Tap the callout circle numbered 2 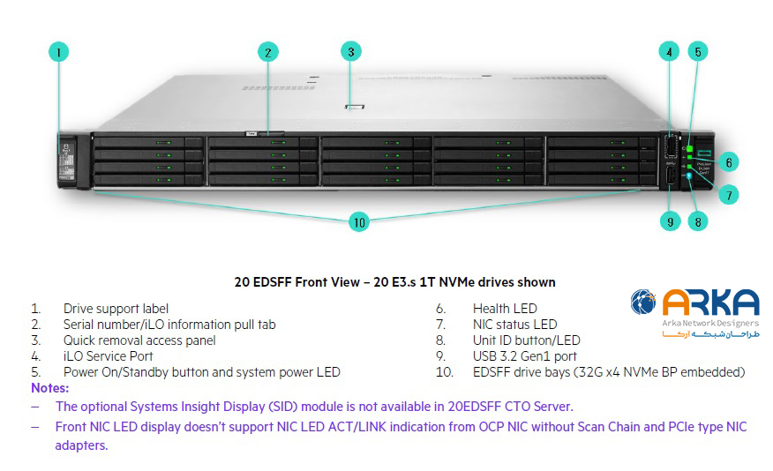268,52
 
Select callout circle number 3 350,51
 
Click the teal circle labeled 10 358,222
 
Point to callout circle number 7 728,193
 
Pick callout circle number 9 669,222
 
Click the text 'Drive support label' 116,309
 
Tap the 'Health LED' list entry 504,309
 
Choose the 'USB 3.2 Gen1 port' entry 525,356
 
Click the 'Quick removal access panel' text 139,340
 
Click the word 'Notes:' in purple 50,387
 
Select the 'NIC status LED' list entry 514,325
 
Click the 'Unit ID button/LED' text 526,340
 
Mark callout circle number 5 697,51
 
